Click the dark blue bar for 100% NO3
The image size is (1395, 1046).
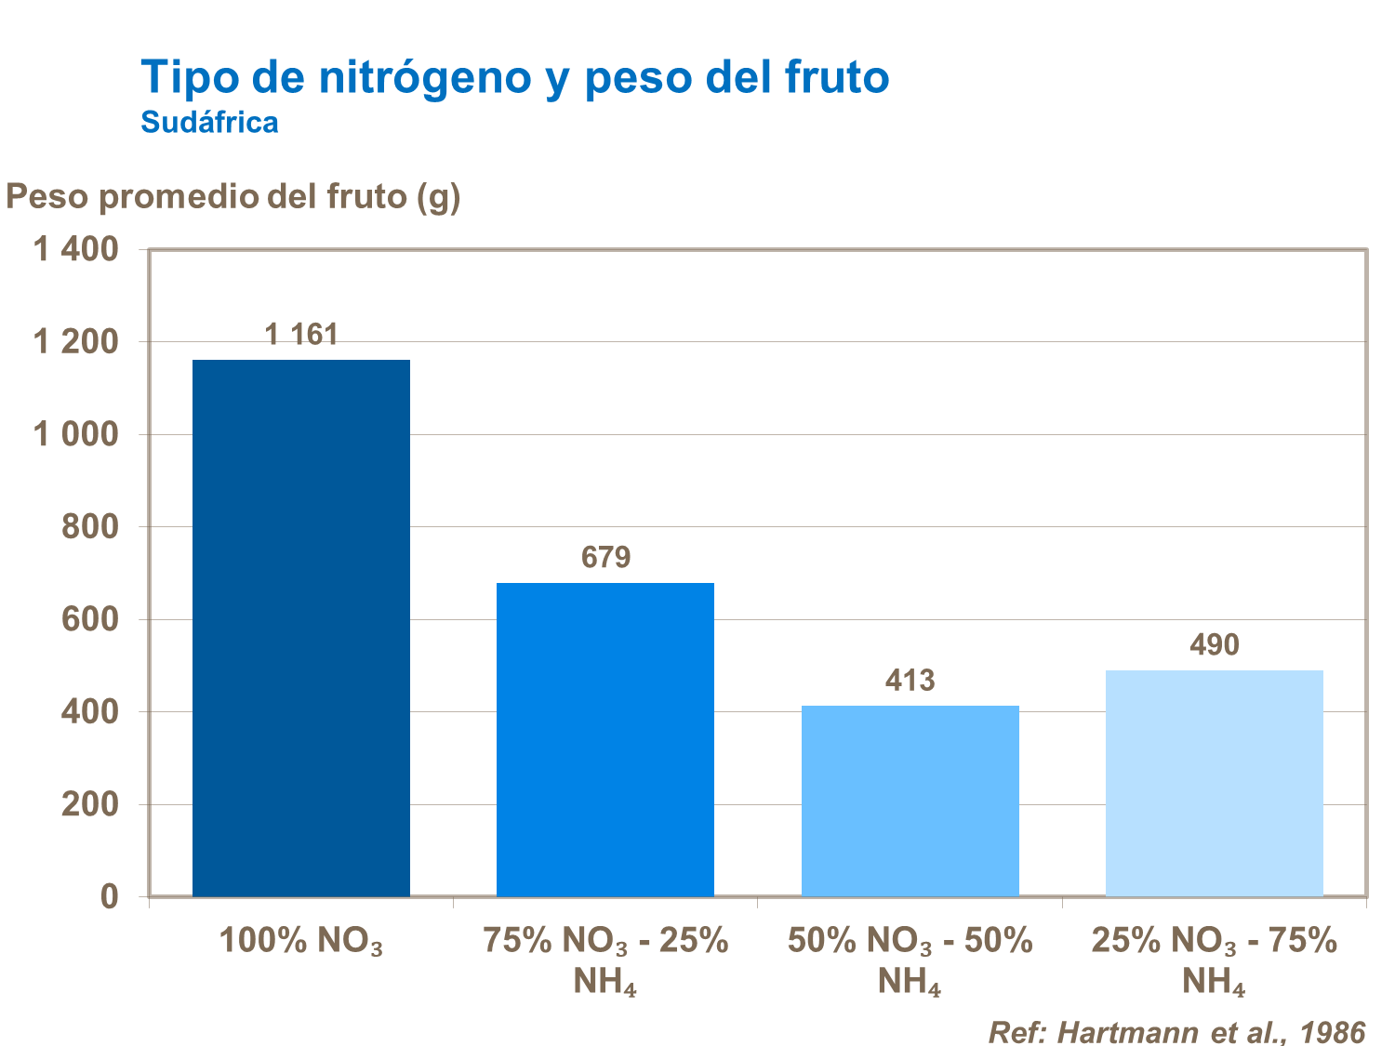point(300,628)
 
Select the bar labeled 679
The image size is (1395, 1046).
point(604,739)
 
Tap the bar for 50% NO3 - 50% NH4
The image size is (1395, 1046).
point(910,801)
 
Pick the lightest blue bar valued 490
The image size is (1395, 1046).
point(1214,783)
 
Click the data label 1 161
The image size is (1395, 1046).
point(301,335)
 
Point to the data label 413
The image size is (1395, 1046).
point(910,681)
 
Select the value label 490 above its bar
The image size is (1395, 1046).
point(1214,645)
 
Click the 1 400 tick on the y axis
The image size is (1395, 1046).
point(76,249)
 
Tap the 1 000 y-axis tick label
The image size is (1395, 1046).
point(76,434)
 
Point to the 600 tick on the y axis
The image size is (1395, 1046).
point(90,619)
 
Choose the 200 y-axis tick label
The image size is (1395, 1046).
point(90,804)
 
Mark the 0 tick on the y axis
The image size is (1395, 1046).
point(110,896)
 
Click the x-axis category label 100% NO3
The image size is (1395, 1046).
point(300,942)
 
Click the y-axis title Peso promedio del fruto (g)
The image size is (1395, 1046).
point(233,196)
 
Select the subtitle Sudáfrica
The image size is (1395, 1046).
point(209,123)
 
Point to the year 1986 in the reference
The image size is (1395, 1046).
point(1333,1032)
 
